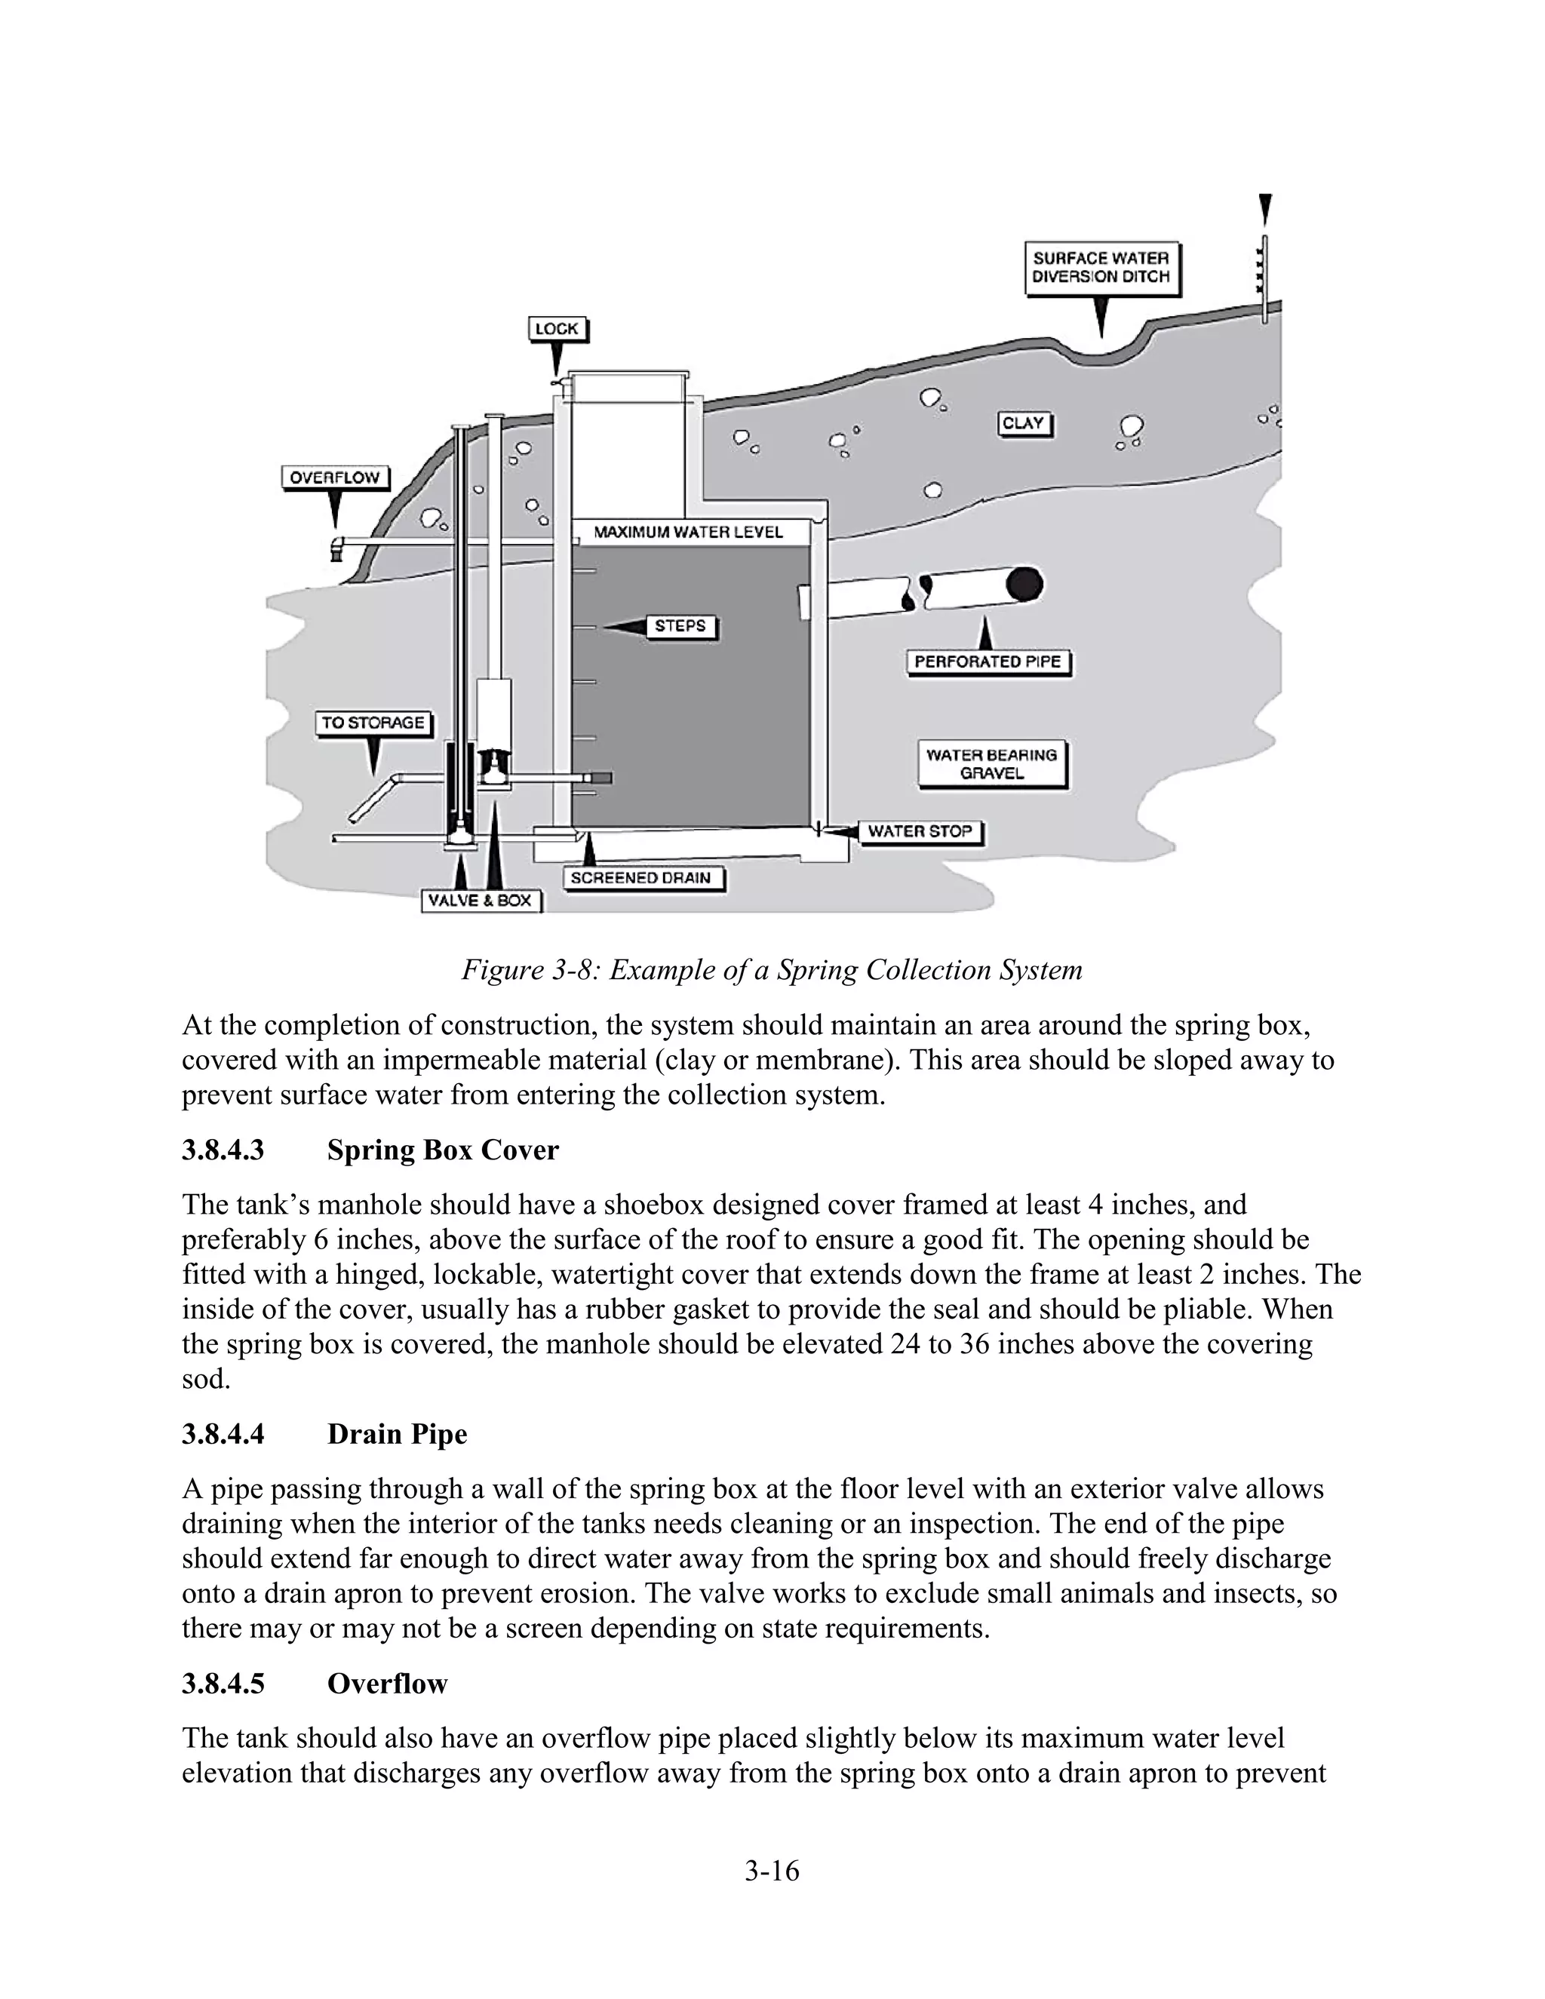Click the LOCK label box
(x=557, y=330)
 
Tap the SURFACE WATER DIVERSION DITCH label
(x=1101, y=269)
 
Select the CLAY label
(x=1022, y=424)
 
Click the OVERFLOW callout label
(x=334, y=477)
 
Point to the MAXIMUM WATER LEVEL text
(x=688, y=532)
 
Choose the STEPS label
(x=680, y=626)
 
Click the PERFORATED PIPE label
(x=988, y=662)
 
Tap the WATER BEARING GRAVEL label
(x=991, y=764)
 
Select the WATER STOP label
(x=919, y=832)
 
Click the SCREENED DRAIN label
(x=640, y=878)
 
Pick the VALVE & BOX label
(x=481, y=901)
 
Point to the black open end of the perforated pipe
(x=1024, y=586)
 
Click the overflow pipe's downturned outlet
(x=335, y=549)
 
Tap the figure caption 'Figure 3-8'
(x=771, y=969)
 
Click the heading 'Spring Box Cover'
(x=442, y=1150)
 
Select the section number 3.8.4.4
(x=223, y=1433)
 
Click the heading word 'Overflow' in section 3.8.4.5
(x=387, y=1683)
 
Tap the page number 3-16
(x=772, y=1871)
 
